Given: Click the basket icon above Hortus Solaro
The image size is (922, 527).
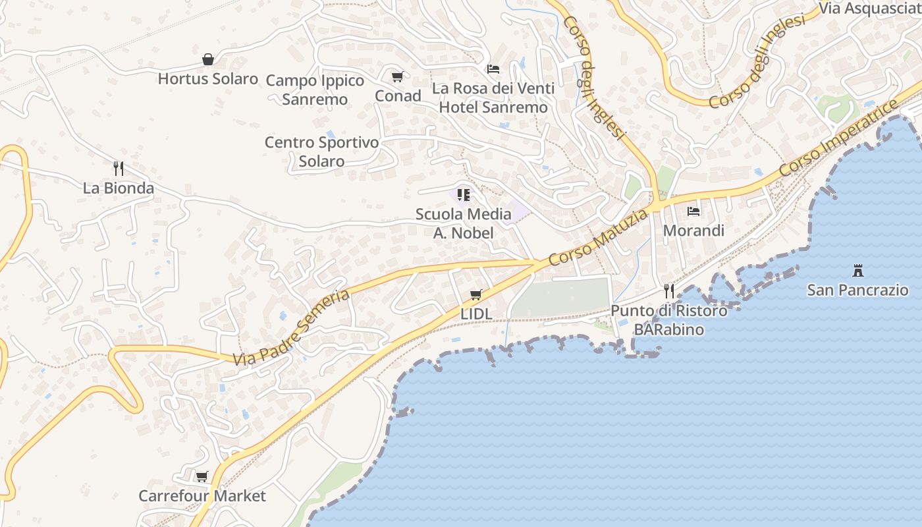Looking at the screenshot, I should coord(208,60).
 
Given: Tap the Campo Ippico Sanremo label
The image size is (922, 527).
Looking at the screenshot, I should coord(315,90).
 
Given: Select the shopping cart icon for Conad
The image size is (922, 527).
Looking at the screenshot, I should coord(397,77).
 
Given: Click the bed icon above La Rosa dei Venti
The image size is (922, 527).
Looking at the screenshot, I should coord(493,69).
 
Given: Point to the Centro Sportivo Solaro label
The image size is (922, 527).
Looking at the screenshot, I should coord(321,152).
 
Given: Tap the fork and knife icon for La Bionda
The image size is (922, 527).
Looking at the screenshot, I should coord(119,169).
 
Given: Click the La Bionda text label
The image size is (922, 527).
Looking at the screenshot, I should coord(119,188).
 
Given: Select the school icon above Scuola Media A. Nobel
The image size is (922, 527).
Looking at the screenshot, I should coord(464,195).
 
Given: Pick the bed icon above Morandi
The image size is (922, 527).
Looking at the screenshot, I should coord(693,211).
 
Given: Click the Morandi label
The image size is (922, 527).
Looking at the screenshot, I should coord(693,231).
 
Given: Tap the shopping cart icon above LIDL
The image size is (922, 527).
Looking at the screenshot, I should coord(476,295).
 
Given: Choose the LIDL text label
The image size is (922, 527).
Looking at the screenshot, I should coord(476,314).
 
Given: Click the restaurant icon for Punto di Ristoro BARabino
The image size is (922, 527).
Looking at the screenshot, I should coord(669,291).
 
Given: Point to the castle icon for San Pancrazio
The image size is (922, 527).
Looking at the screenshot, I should coord(857,270).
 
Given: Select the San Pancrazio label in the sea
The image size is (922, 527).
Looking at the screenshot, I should coord(857,290).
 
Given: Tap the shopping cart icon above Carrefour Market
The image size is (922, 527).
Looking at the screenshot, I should coord(202,476).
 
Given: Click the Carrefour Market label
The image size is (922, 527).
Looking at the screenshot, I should coord(202,496).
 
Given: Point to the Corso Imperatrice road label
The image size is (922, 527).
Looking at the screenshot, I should coord(839,139).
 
